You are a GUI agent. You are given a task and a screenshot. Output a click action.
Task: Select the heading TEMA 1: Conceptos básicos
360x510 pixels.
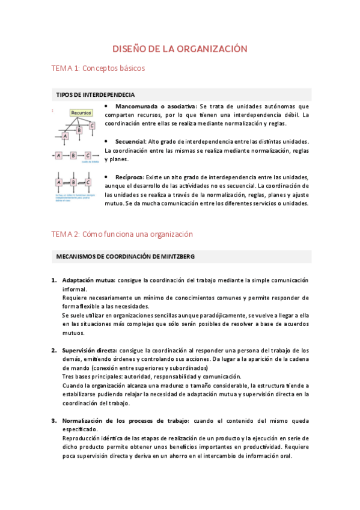99,69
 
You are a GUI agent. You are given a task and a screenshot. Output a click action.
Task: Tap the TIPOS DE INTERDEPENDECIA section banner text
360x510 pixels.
95,95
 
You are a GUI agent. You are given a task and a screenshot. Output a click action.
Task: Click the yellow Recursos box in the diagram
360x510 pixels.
81,112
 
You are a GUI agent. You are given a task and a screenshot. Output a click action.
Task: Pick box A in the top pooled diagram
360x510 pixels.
65,137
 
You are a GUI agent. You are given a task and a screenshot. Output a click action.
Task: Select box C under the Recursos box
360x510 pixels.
92,126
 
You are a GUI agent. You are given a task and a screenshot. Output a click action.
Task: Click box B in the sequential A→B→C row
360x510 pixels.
73,155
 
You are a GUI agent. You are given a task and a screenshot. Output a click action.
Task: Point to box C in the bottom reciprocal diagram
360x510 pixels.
88,182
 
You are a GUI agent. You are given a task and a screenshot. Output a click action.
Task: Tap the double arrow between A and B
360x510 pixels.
66,182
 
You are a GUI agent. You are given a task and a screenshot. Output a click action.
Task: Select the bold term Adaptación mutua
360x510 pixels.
89,280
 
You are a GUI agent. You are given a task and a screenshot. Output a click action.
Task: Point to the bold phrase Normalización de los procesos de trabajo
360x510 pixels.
126,420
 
